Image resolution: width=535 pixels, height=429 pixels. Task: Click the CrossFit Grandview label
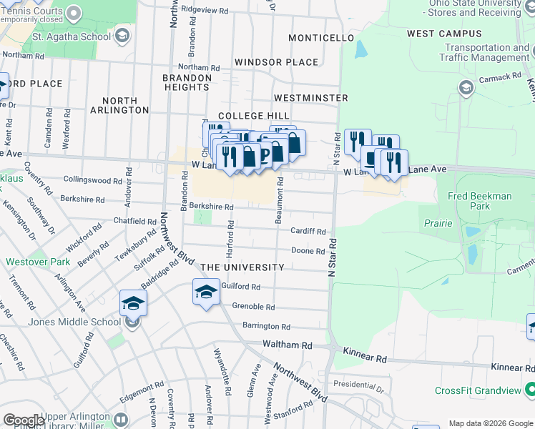click(478, 391)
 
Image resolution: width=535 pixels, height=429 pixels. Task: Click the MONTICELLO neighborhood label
click(322, 38)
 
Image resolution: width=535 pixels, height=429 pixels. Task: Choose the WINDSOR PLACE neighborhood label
click(276, 62)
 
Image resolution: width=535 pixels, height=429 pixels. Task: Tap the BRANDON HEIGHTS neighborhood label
click(185, 82)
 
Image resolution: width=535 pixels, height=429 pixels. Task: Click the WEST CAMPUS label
click(444, 34)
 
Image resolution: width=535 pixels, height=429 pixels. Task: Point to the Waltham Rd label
click(288, 345)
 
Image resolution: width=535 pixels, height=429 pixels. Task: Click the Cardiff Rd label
click(308, 232)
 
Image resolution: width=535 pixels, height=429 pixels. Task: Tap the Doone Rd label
click(308, 251)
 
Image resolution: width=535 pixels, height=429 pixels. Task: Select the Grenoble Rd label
click(253, 307)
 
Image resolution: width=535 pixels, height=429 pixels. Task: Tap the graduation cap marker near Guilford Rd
click(206, 292)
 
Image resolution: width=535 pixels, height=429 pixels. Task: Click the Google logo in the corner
click(24, 420)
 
